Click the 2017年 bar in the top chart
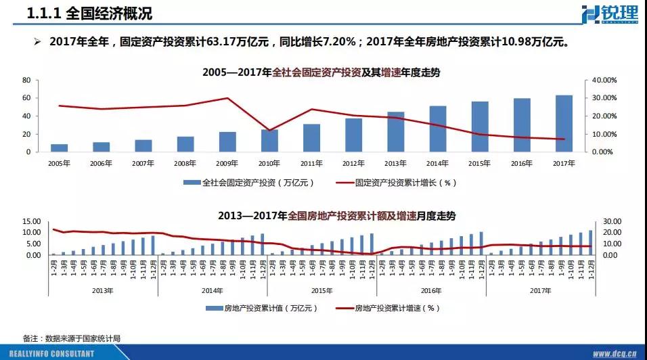(x=564, y=124)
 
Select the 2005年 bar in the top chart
(x=60, y=148)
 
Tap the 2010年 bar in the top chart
(x=269, y=140)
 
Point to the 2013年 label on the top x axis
(x=396, y=163)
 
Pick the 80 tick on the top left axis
(x=26, y=80)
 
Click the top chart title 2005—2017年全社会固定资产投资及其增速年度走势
(x=321, y=72)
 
